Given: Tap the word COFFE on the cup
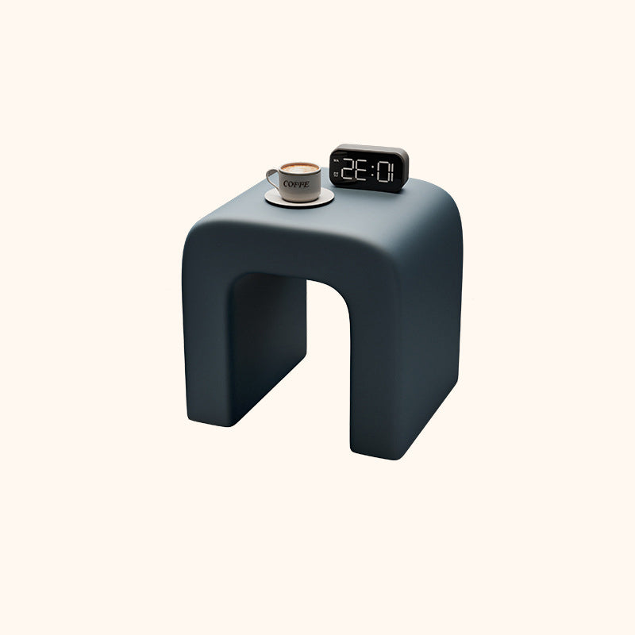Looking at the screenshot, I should [296, 183].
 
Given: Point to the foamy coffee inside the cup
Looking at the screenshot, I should [300, 168].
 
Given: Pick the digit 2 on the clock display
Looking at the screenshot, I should [348, 169].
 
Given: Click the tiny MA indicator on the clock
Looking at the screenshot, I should [337, 159].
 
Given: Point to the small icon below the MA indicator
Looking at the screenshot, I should [337, 171].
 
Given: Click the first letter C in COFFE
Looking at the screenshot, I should [286, 183].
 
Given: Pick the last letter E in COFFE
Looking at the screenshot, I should [307, 184].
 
